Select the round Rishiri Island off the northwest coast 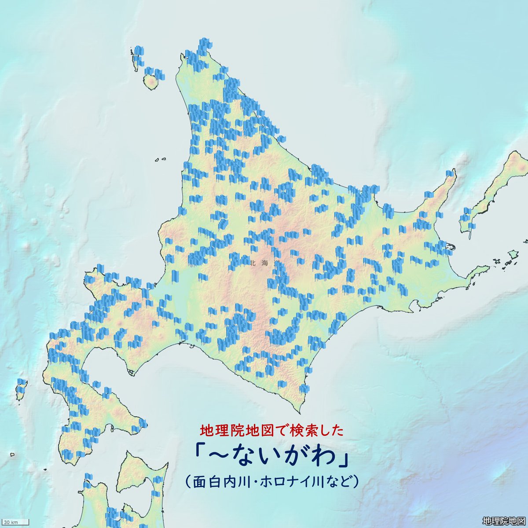pyautogui.click(x=152, y=82)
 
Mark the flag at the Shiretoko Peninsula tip pyautogui.click(x=450, y=174)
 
